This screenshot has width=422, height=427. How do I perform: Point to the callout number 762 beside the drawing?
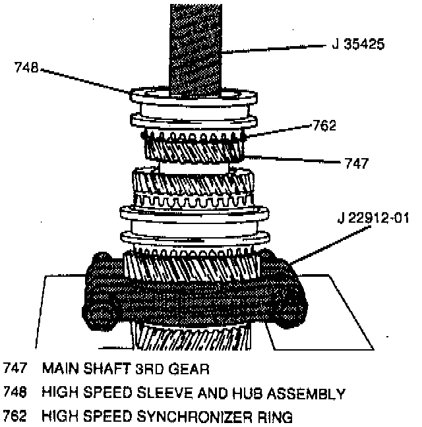tap(324, 125)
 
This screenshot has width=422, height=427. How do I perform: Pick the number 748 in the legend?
tap(16, 393)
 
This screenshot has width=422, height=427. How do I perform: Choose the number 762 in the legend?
tap(16, 416)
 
